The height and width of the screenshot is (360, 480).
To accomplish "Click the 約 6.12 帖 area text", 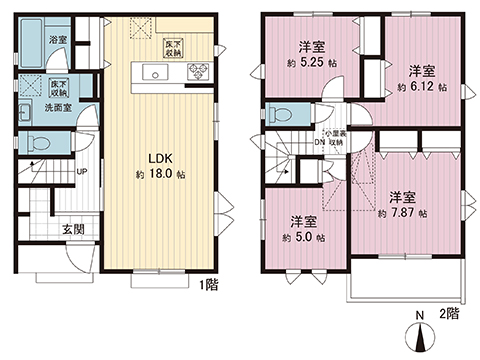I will [421, 87].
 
